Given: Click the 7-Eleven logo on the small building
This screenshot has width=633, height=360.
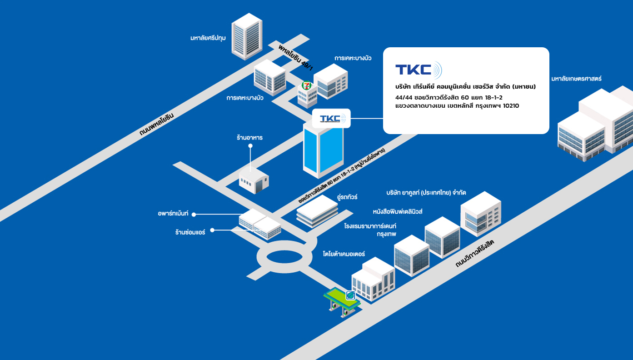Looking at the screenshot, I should tap(307, 85).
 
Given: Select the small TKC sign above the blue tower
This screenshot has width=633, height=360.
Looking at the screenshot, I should tap(331, 119).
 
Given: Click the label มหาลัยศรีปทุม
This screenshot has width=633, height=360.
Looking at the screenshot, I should tap(208, 38).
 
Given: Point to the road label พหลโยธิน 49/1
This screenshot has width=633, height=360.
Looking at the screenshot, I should tap(296, 57).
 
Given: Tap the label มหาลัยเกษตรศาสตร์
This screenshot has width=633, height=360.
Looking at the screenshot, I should tap(576, 79).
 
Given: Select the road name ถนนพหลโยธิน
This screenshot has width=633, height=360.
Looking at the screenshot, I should tap(156, 125).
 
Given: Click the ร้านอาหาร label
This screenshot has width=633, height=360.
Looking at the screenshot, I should tap(249, 137).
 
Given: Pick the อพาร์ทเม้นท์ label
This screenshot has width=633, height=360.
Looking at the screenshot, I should tap(173, 213).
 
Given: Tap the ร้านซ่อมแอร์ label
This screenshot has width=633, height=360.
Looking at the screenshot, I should tap(190, 232).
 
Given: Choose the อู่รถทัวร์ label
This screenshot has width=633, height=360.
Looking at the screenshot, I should tap(347, 197).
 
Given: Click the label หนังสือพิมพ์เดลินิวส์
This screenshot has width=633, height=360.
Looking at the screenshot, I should tap(398, 211).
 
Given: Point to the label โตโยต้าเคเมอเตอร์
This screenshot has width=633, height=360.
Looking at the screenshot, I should tap(344, 254).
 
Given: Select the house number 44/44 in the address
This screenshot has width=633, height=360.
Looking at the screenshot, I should tap(404, 97).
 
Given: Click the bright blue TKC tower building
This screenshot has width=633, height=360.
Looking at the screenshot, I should tap(323, 150).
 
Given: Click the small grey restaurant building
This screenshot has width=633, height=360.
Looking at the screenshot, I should tap(254, 180).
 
